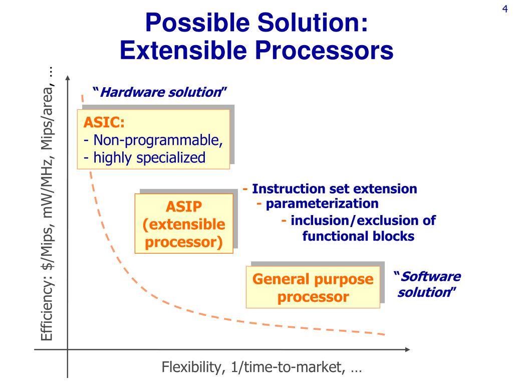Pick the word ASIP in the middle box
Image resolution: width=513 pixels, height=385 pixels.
[183, 206]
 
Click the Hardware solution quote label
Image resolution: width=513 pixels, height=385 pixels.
[160, 92]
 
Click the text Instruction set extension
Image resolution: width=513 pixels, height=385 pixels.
[334, 189]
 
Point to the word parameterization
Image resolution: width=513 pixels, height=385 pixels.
[322, 204]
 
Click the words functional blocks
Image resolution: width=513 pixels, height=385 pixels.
[358, 236]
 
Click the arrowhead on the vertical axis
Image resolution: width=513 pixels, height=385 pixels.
[68, 79]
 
